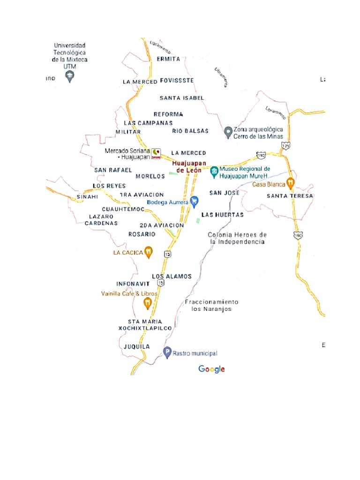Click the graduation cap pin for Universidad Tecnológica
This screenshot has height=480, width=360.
70,76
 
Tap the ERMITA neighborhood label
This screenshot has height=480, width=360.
169,59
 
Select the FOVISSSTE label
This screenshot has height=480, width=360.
177,81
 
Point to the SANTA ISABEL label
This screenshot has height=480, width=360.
182,98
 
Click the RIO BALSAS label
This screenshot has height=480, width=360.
190,131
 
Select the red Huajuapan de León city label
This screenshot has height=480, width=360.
189,167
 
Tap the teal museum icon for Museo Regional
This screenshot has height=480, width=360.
214,172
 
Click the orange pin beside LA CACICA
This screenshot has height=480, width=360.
148,252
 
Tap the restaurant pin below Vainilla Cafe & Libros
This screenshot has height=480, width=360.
148,303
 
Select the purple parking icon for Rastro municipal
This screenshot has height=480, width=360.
167,353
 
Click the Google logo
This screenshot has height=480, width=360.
212,369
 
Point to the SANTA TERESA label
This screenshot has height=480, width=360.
290,196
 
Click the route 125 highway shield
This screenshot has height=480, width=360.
286,146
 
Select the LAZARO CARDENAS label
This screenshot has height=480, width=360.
101,220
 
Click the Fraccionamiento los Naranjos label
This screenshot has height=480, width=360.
211,306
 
